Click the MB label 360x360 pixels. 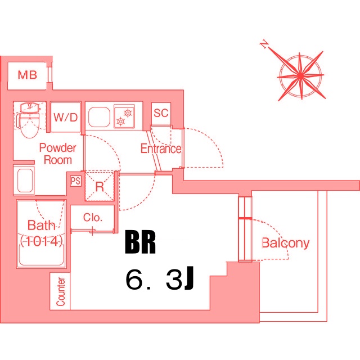click(27, 75)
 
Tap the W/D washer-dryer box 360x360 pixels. click(66, 118)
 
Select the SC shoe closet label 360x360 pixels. click(161, 113)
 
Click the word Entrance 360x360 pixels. click(161, 149)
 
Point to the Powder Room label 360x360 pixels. click(57, 154)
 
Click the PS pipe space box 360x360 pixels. click(76, 181)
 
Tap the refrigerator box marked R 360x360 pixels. click(100, 187)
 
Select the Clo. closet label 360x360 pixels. click(92, 218)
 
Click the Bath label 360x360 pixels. click(41, 226)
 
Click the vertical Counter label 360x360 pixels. click(61, 291)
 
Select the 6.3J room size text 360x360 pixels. click(160, 280)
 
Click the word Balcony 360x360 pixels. click(286, 244)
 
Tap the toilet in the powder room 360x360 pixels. click(28, 119)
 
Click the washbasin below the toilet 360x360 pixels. click(24, 181)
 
